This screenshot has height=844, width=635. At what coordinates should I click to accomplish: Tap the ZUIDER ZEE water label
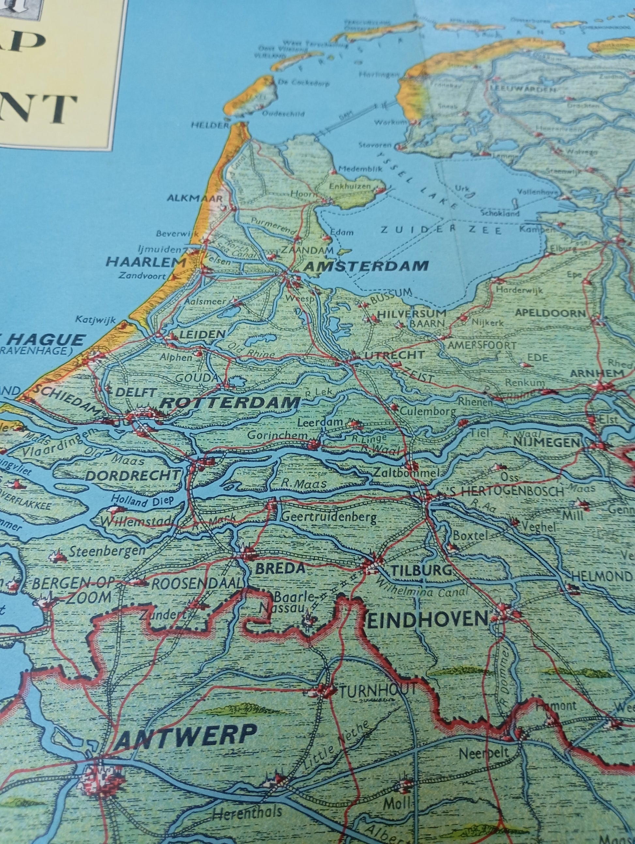pyautogui.click(x=441, y=230)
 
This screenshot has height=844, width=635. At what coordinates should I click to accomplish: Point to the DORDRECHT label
pyautogui.click(x=132, y=475)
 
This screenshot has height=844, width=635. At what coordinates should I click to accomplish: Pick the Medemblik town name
pyautogui.click(x=360, y=169)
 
